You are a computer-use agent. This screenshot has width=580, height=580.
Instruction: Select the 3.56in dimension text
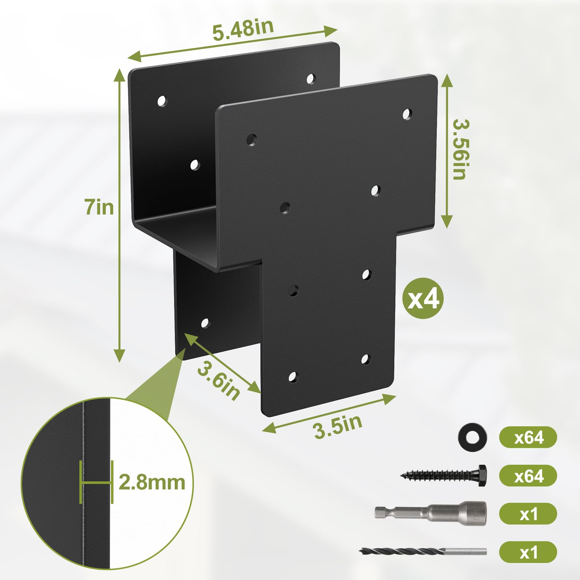(461, 149)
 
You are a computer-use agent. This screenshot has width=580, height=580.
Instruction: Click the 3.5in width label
(337, 426)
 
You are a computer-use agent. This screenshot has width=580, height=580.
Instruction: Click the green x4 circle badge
(423, 298)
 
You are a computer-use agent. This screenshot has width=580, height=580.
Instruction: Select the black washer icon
(472, 438)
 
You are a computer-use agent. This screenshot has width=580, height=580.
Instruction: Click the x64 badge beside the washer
(528, 438)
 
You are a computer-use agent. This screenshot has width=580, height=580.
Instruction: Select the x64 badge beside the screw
(528, 476)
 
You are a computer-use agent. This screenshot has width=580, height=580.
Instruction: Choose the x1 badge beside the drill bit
(528, 552)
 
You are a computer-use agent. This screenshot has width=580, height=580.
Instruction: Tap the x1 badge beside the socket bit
(528, 514)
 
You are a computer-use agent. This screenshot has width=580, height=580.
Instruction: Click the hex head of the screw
(482, 475)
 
